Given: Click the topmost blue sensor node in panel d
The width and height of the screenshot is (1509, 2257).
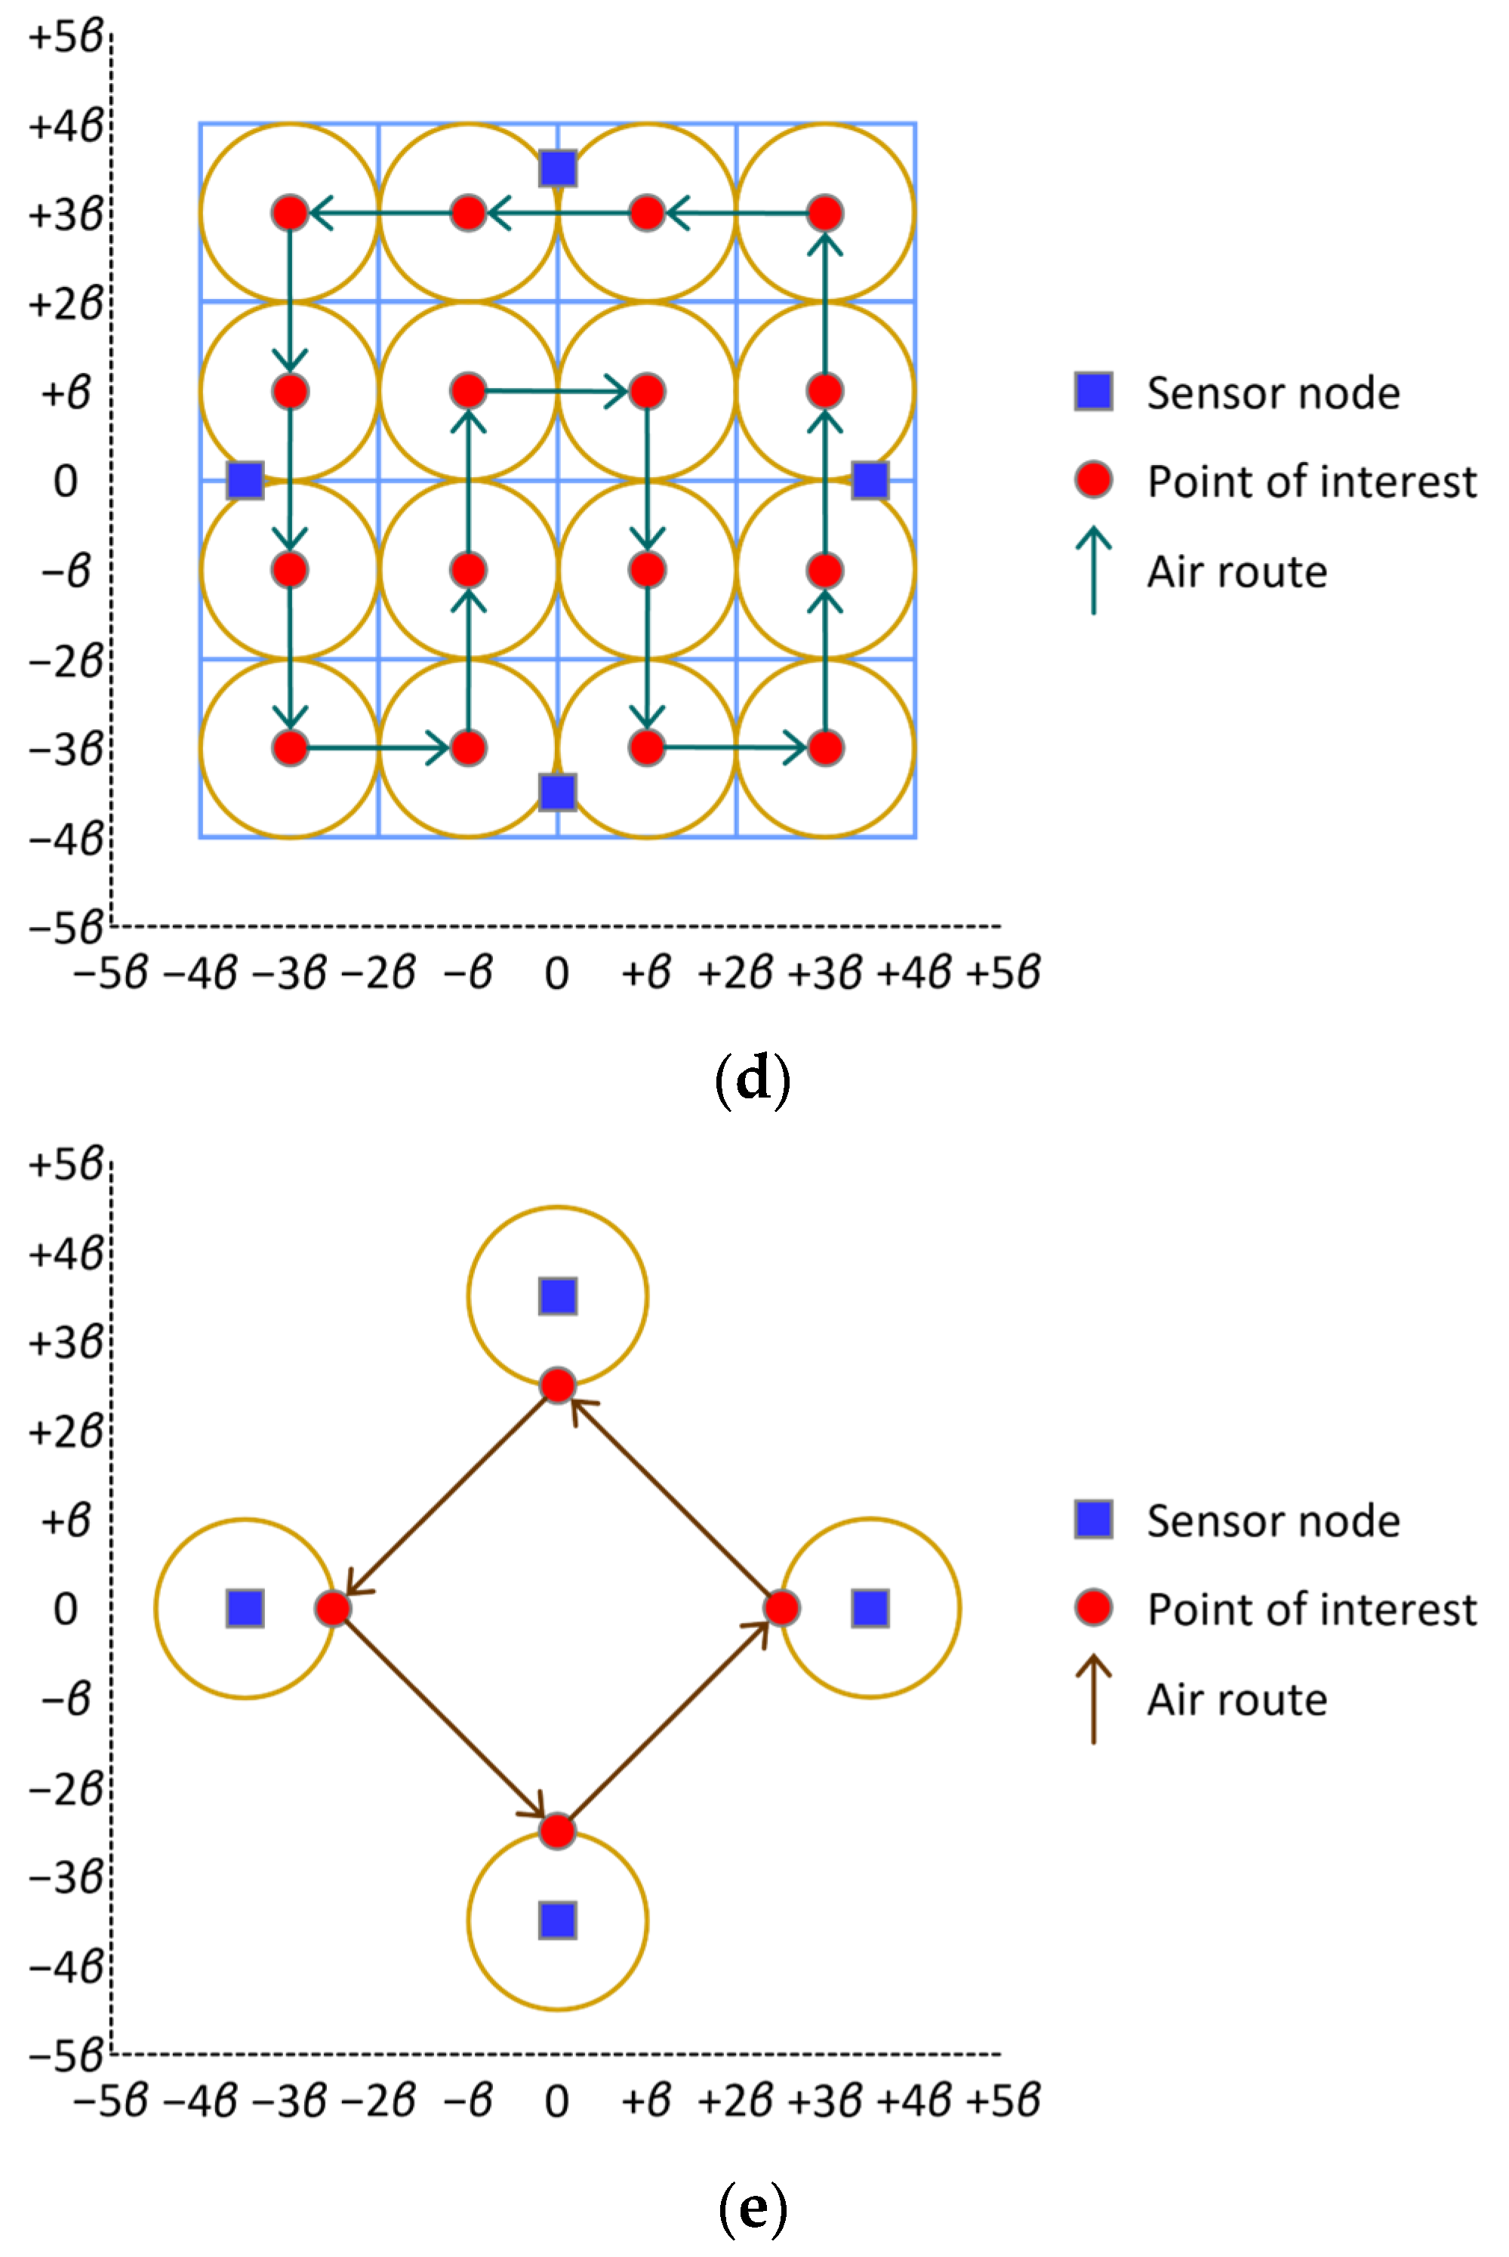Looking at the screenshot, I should click(558, 168).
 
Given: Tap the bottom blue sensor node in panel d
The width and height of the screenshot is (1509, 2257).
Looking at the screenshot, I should click(558, 792).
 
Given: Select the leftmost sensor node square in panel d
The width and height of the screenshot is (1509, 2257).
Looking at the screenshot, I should click(245, 479).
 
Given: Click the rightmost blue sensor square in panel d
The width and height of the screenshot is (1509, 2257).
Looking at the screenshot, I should click(870, 479).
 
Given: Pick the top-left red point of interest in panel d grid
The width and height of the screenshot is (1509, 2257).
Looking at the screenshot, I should click(290, 213).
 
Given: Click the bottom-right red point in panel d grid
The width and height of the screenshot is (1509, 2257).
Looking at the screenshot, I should click(825, 747).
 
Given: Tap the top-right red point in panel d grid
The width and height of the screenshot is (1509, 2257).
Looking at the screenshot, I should click(825, 213).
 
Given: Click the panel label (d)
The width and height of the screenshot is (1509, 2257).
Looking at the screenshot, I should click(753, 1079).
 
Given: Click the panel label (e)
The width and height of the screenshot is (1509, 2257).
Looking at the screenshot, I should click(753, 2208).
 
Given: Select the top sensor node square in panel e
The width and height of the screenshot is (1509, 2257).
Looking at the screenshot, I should click(558, 1296).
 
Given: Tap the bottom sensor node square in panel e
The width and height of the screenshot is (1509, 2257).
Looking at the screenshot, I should click(558, 1920).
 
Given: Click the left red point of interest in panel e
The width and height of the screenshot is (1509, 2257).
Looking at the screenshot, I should click(333, 1608).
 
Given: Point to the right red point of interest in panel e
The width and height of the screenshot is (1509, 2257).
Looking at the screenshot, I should click(781, 1608).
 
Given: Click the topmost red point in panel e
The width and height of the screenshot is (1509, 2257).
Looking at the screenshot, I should click(557, 1385).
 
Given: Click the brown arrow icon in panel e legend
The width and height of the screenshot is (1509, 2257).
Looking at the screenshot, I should click(1093, 1699).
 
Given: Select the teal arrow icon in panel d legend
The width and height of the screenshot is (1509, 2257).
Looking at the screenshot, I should click(1093, 571).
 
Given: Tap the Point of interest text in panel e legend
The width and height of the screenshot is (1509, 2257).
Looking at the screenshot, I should click(1310, 1609).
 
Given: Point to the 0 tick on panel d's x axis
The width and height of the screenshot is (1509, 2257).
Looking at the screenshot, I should click(556, 974).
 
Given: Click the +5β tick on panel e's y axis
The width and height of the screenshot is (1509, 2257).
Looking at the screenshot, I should click(66, 1165).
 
